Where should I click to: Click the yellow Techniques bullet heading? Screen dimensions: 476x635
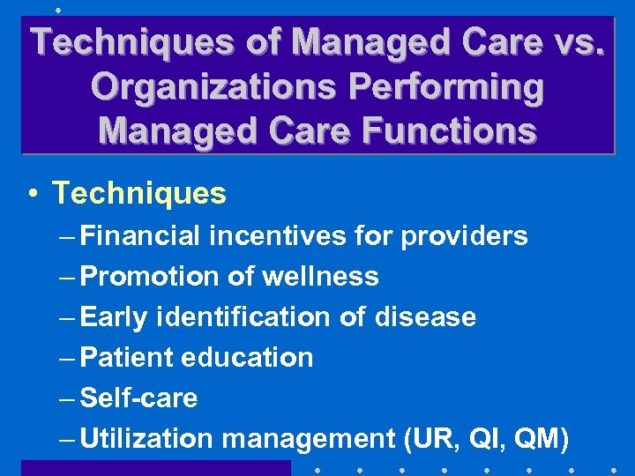139,193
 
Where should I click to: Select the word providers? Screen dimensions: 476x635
464,236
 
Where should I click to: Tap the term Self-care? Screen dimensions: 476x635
138,398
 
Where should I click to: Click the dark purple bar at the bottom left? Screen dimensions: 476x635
155,468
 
